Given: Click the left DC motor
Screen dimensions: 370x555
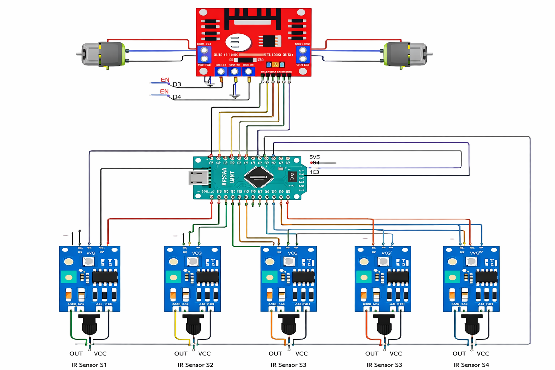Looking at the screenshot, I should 103,54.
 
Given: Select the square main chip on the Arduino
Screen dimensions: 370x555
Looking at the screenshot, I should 258,177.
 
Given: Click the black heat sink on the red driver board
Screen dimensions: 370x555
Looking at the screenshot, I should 253,18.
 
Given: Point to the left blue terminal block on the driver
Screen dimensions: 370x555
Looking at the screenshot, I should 204,54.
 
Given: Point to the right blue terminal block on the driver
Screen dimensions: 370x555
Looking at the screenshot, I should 303,54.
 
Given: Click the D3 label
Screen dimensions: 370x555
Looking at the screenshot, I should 177,84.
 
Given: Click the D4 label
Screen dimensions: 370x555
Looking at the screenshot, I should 177,97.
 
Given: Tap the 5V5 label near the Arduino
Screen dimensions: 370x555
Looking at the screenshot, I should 314,157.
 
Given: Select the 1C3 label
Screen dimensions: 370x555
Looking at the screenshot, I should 314,172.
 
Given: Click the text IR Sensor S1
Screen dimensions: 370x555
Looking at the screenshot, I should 89,365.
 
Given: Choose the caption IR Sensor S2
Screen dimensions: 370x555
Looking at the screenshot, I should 195,365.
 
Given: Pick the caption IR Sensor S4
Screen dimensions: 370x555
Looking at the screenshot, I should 471,365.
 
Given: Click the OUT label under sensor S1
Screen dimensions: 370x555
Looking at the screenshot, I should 76,353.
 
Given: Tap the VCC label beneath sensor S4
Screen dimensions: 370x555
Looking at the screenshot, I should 483,353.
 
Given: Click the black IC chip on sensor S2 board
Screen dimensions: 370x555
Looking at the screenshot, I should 208,277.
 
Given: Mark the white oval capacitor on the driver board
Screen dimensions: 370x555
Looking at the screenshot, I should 238,42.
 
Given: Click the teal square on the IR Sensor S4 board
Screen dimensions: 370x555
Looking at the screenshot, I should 452,277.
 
